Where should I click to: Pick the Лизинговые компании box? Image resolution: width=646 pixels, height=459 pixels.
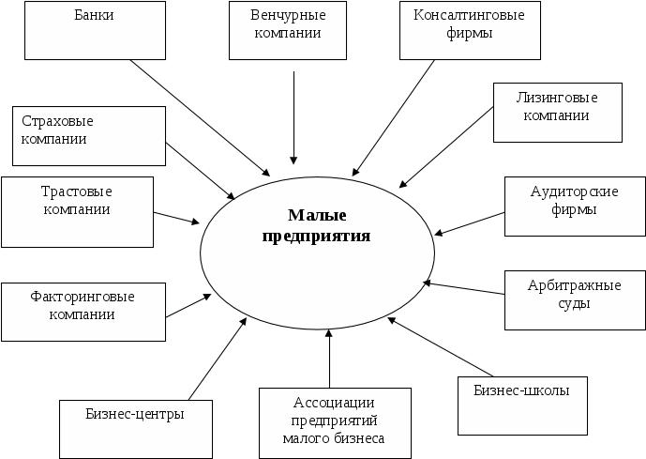(x=557, y=111)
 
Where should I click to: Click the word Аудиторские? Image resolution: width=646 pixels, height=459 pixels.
(x=574, y=192)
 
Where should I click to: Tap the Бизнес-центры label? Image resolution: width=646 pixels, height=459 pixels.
(x=134, y=413)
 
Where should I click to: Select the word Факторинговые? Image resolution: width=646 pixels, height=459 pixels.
(x=83, y=297)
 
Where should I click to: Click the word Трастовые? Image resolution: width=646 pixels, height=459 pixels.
(x=77, y=191)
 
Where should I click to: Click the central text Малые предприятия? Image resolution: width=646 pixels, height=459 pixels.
(x=316, y=225)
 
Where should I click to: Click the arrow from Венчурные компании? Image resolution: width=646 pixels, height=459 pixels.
(x=295, y=113)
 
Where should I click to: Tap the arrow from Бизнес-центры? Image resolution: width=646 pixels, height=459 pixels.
(x=218, y=357)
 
